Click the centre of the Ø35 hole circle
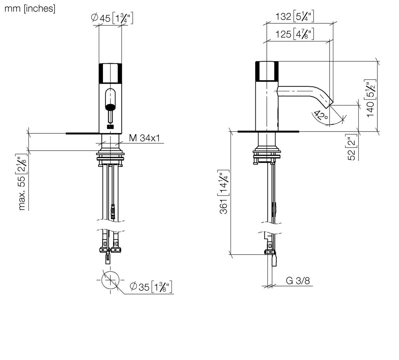click(110, 280)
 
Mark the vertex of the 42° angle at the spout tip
click(330, 105)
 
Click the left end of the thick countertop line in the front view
click(66, 133)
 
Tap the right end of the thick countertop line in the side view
click(299, 132)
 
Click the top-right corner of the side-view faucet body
click(278, 61)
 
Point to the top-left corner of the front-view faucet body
click(99, 63)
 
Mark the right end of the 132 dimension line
click(333, 23)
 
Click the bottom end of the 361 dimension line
click(231, 254)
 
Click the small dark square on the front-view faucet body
click(110, 127)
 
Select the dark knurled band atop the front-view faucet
click(110, 73)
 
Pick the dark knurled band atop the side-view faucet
click(267, 71)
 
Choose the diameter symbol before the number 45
click(94, 18)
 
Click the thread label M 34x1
click(145, 138)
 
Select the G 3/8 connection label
click(298, 281)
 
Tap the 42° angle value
click(321, 116)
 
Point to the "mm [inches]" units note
click(30, 8)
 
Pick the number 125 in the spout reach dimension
click(283, 34)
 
